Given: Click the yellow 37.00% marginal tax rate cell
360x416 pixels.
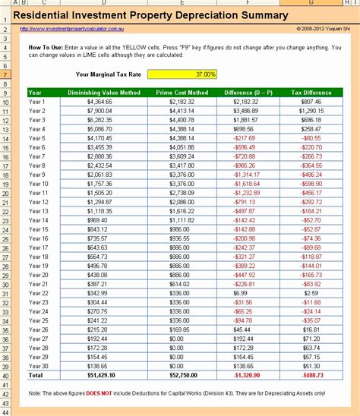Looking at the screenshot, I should (x=182, y=74).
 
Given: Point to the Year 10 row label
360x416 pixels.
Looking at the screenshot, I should (x=38, y=184).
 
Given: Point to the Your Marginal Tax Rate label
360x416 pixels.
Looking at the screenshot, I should (x=109, y=74).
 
